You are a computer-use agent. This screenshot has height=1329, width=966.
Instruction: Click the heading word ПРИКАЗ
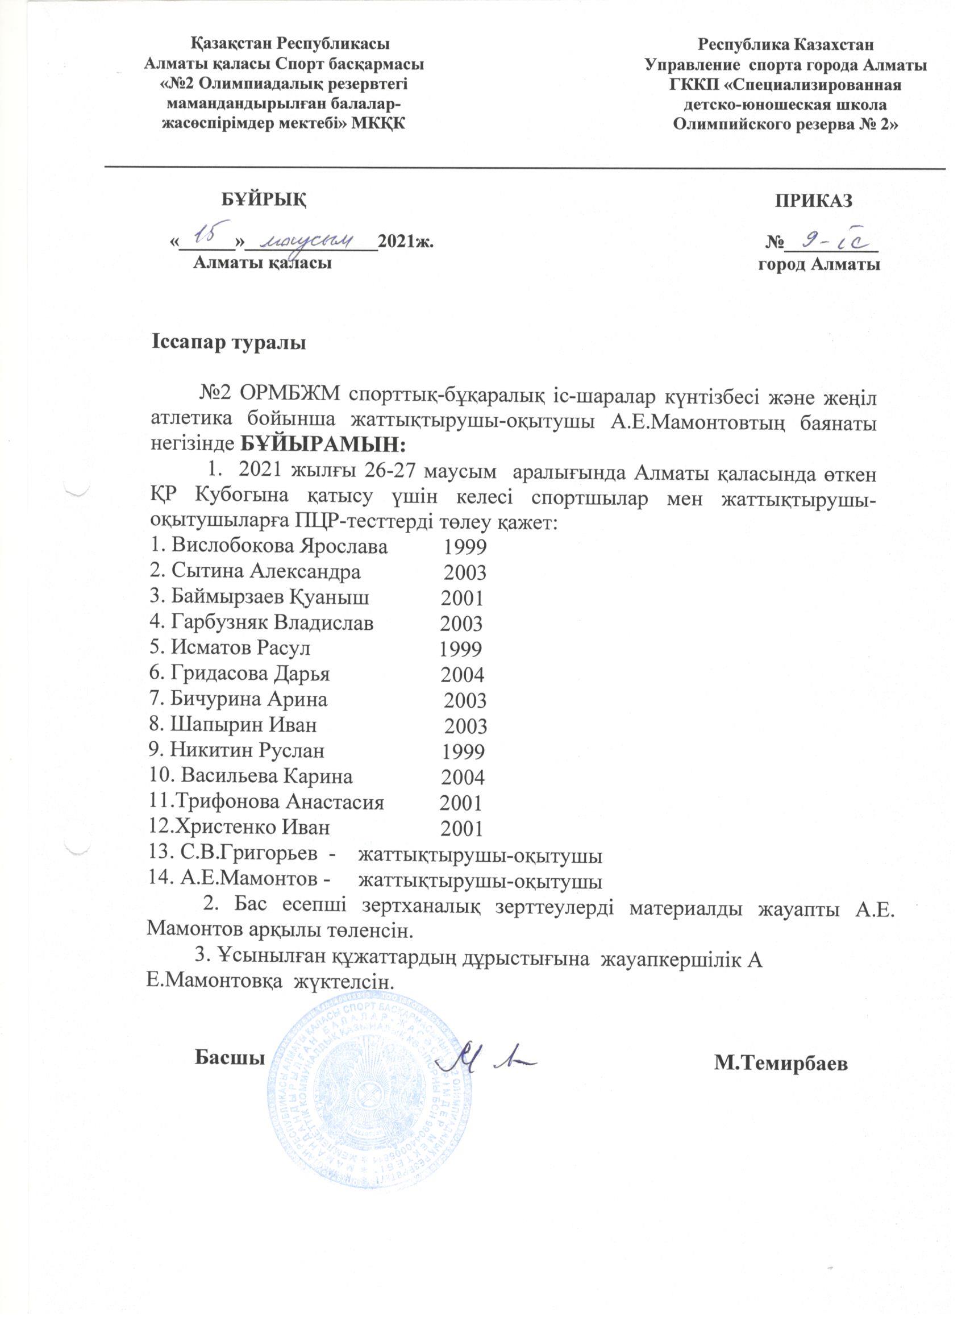pos(814,201)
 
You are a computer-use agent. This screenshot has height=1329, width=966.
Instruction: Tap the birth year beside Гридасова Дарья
pos(462,675)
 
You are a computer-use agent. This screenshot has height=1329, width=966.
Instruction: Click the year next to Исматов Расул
pos(460,649)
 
